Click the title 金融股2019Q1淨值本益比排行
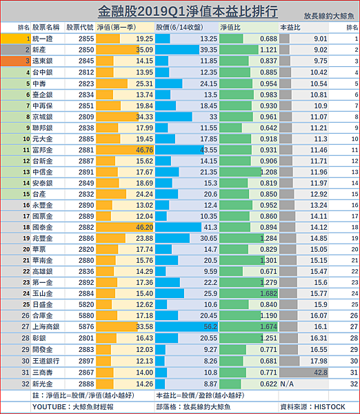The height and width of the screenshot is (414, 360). click(x=188, y=11)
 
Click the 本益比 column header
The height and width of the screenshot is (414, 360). click(x=290, y=28)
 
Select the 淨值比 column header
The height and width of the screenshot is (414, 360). click(x=230, y=28)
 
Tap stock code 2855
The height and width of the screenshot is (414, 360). click(x=86, y=39)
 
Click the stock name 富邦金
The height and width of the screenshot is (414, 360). click(x=42, y=150)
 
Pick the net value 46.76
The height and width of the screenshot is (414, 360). click(x=144, y=150)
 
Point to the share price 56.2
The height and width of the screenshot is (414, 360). click(x=210, y=326)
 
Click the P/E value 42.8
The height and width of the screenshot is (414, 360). click(x=321, y=373)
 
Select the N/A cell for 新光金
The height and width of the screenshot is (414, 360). click(x=287, y=384)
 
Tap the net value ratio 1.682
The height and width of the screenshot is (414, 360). click(x=268, y=293)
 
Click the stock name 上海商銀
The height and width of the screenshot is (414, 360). click(x=46, y=326)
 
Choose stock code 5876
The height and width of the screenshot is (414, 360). click(x=86, y=326)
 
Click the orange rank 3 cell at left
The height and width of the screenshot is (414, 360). click(x=16, y=61)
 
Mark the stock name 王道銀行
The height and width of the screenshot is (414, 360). click(x=46, y=361)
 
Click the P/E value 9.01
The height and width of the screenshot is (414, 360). click(x=321, y=39)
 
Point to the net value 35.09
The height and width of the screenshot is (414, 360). click(x=144, y=50)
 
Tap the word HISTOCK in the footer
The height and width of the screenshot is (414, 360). click(x=330, y=407)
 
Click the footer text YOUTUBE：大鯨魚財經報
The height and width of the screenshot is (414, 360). click(x=73, y=407)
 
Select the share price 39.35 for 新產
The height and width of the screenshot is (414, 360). click(x=208, y=50)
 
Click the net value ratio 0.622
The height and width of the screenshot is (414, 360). click(x=268, y=384)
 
